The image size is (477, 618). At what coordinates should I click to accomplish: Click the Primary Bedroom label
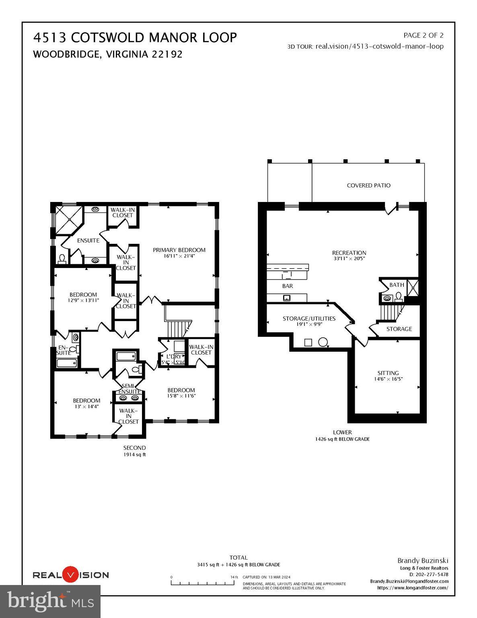pos(179,250)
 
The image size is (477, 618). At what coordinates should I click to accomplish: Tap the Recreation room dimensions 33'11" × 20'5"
pos(349,259)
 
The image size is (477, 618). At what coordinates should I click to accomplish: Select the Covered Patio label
pos(368,185)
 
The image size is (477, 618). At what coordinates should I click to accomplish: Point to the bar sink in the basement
pos(287,298)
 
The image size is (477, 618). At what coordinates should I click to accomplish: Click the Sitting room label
pos(388,373)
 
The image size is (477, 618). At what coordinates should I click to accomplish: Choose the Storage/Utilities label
pos(308,318)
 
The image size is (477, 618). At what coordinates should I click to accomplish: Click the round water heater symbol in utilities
pos(323,342)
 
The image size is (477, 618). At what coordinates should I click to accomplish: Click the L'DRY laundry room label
pos(173,356)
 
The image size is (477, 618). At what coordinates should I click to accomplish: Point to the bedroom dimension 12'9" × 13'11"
pos(83,300)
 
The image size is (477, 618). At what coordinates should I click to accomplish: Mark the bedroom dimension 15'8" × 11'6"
pos(181,396)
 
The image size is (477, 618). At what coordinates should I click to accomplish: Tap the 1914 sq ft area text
pos(134,455)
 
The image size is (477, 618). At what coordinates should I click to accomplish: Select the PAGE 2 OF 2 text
pos(423,35)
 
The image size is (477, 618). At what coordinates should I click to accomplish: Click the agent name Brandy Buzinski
pos(423,560)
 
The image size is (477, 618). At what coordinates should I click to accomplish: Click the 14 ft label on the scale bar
pos(234,577)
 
